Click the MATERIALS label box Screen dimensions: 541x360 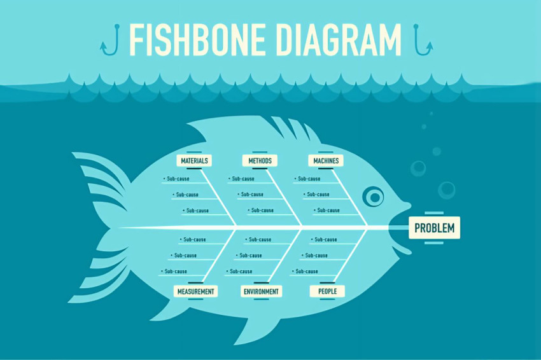(x=194, y=160)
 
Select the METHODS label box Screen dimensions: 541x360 (x=260, y=160)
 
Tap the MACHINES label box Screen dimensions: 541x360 (x=326, y=160)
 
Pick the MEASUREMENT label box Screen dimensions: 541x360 (x=195, y=291)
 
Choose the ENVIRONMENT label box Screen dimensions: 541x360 (x=261, y=291)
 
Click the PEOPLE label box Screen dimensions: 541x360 (x=327, y=291)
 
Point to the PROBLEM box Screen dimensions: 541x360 (x=434, y=228)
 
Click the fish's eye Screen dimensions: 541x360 (x=374, y=197)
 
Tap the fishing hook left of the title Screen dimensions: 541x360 (x=110, y=39)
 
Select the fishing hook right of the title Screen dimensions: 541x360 (x=423, y=39)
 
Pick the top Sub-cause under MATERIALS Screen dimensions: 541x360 (x=176, y=179)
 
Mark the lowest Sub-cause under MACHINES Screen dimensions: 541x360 (x=327, y=210)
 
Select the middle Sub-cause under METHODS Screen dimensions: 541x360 (x=251, y=195)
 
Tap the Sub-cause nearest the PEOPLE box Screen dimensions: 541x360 (x=305, y=272)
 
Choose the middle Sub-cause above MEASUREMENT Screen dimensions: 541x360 (x=183, y=256)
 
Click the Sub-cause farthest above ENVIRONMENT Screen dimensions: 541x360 (x=258, y=239)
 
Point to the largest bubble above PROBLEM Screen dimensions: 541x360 (x=446, y=190)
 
